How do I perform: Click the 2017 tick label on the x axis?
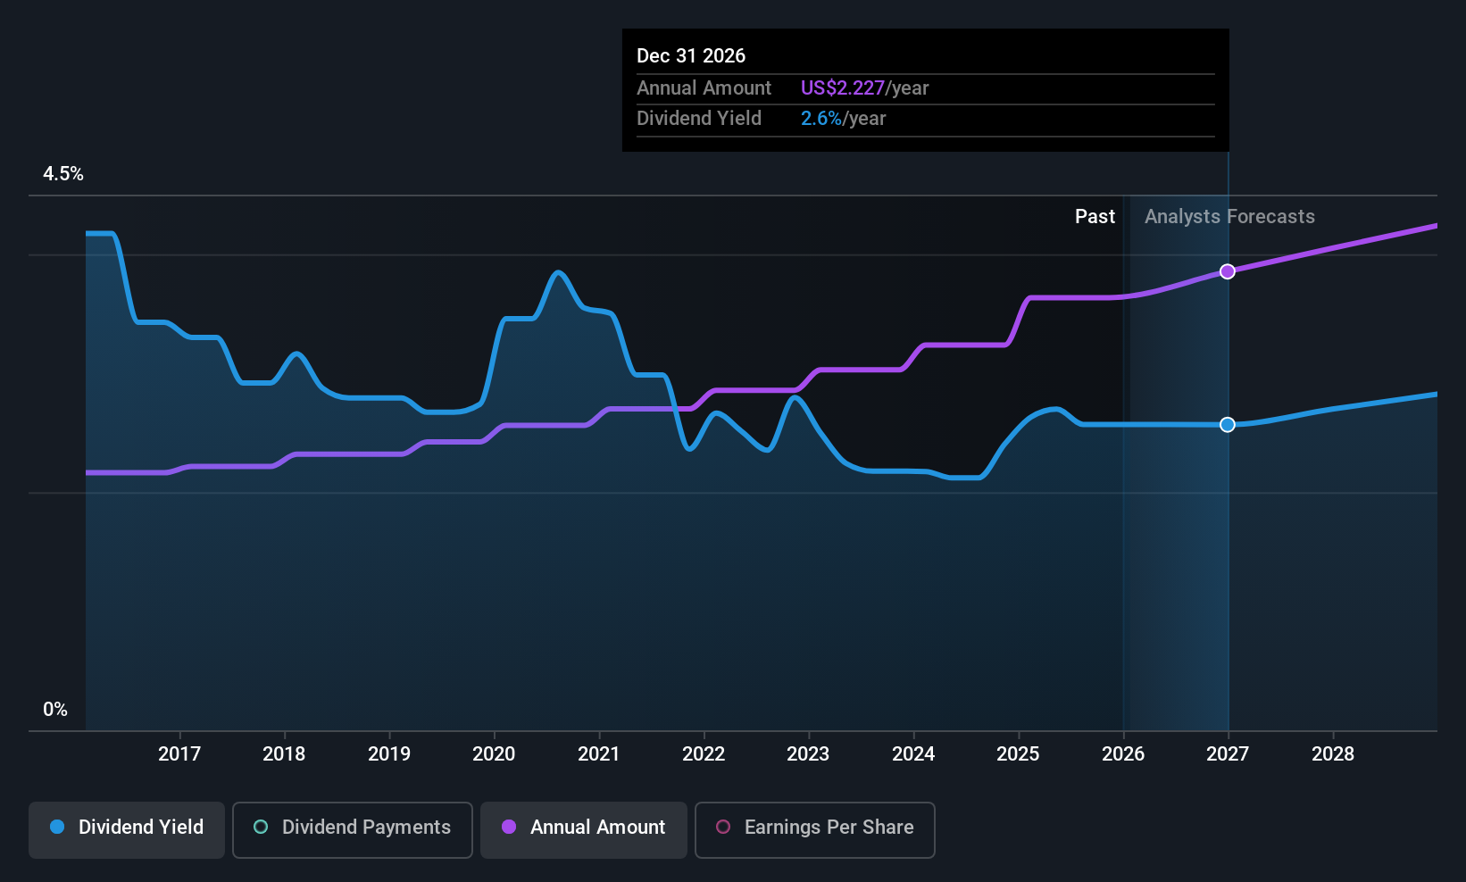pyautogui.click(x=179, y=753)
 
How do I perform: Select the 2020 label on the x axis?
pyautogui.click(x=494, y=753)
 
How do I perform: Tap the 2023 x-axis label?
pyautogui.click(x=808, y=753)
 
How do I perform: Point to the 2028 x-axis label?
pyautogui.click(x=1333, y=753)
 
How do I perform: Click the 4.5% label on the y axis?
pyautogui.click(x=63, y=174)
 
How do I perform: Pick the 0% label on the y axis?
pyautogui.click(x=55, y=710)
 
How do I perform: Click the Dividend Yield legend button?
pyautogui.click(x=126, y=829)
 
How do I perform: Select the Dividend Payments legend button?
pyautogui.click(x=352, y=829)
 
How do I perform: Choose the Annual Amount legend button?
pyautogui.click(x=584, y=829)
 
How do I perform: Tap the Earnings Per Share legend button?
pyautogui.click(x=815, y=829)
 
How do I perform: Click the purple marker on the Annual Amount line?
pyautogui.click(x=1228, y=271)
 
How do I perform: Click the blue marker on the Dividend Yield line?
pyautogui.click(x=1228, y=425)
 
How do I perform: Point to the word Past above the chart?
pyautogui.click(x=1095, y=217)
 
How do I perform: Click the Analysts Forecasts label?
pyautogui.click(x=1229, y=217)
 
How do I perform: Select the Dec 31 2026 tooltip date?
pyautogui.click(x=691, y=55)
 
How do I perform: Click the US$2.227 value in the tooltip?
pyautogui.click(x=843, y=87)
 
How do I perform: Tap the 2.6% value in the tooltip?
pyautogui.click(x=821, y=119)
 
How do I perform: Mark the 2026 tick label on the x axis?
pyautogui.click(x=1123, y=753)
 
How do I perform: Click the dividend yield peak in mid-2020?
pyautogui.click(x=558, y=272)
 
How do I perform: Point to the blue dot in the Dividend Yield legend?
pyautogui.click(x=58, y=827)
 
